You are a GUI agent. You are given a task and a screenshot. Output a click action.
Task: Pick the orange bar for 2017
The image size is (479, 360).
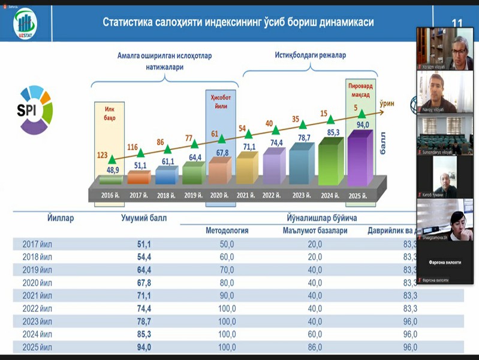coord(139,177)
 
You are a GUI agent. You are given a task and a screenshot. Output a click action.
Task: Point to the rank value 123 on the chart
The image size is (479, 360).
coord(102,155)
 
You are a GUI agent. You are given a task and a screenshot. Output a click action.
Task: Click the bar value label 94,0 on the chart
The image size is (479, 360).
coord(362,125)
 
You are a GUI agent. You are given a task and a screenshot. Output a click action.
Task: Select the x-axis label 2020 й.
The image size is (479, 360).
coord(219,196)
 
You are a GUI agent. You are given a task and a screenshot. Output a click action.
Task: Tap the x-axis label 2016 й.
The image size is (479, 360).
coord(112,196)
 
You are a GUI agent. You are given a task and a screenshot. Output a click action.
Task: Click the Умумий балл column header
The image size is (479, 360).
coord(144,218)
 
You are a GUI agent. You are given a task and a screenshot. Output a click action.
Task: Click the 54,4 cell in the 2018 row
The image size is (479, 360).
coord(144,257)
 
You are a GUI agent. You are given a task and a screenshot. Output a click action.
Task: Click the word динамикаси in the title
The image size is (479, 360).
coord(341,22)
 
